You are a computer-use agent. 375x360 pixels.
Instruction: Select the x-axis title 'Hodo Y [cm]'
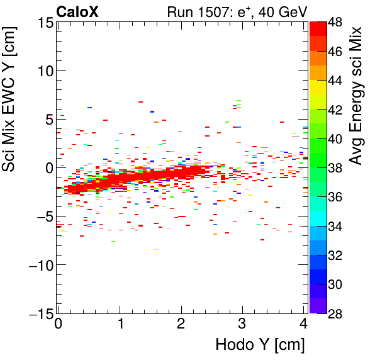pos(260,345)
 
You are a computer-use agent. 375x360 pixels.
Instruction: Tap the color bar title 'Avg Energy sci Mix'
pos(356,95)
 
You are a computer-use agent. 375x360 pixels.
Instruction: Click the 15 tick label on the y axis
pos(42,23)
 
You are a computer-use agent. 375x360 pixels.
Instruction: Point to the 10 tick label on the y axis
pos(42,71)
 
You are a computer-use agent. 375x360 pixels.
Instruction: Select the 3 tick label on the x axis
pos(242,325)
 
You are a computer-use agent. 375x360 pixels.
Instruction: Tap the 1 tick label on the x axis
pos(120,325)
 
